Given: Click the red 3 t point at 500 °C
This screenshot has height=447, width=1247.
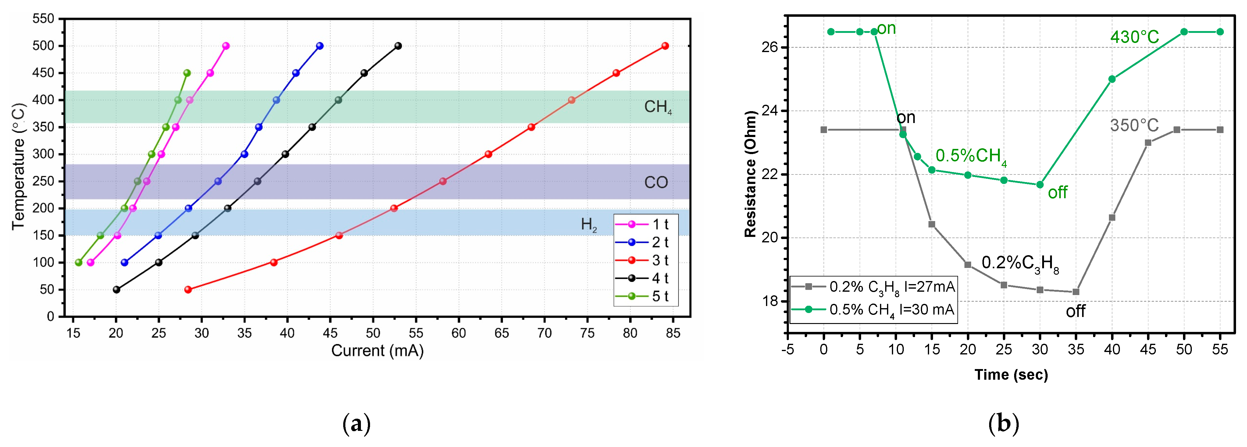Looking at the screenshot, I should tap(665, 46).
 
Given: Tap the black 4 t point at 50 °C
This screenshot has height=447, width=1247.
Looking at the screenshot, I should tap(116, 290).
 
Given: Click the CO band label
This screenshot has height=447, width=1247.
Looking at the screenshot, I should tap(656, 182).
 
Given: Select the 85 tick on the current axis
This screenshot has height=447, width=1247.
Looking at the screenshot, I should tap(673, 333).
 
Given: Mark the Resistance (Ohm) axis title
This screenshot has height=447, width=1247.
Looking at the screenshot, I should tap(750, 174).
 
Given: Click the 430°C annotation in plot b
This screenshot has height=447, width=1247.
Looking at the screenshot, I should tap(1134, 37).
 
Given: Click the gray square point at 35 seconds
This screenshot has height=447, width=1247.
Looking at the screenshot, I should tap(1076, 292).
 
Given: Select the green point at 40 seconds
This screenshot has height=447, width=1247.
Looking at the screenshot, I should tap(1112, 79).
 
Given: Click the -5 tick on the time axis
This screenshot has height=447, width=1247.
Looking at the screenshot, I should tap(788, 349).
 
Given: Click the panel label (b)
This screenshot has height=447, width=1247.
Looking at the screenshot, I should tap(1003, 424).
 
